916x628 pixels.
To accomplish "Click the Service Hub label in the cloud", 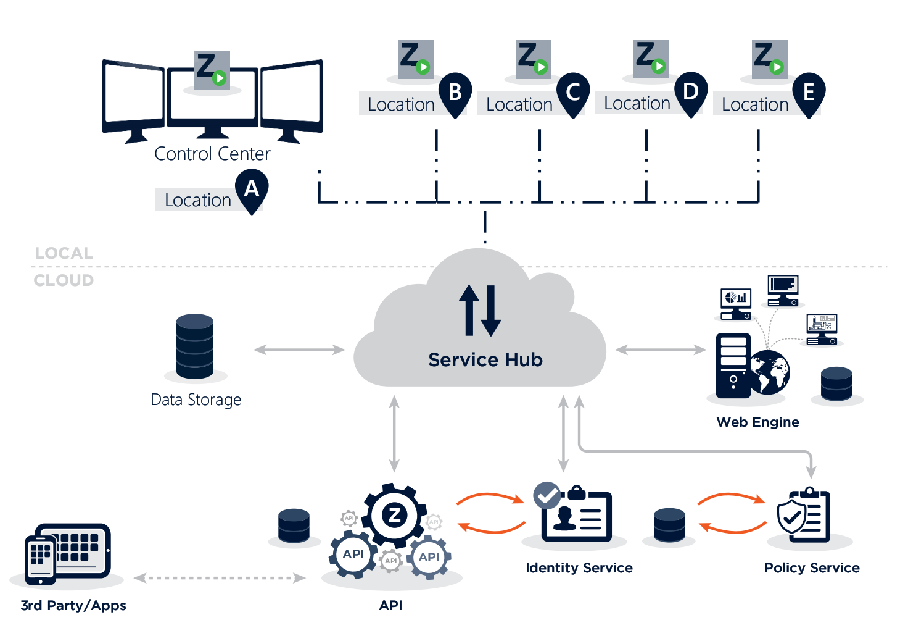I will (485, 359).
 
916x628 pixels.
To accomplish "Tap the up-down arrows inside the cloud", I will (480, 310).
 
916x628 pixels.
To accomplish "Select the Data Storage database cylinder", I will (195, 346).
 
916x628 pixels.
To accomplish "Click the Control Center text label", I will (212, 153).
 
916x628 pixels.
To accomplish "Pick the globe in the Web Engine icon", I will (770, 372).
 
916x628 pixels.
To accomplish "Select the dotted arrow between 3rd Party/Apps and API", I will (220, 578).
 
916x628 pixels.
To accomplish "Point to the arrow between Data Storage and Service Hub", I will (299, 350).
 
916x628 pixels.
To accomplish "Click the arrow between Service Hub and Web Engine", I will (660, 350).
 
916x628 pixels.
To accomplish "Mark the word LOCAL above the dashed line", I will (64, 253).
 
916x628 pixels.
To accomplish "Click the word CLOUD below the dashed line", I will (64, 280).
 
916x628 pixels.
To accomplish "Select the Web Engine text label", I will (757, 422).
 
